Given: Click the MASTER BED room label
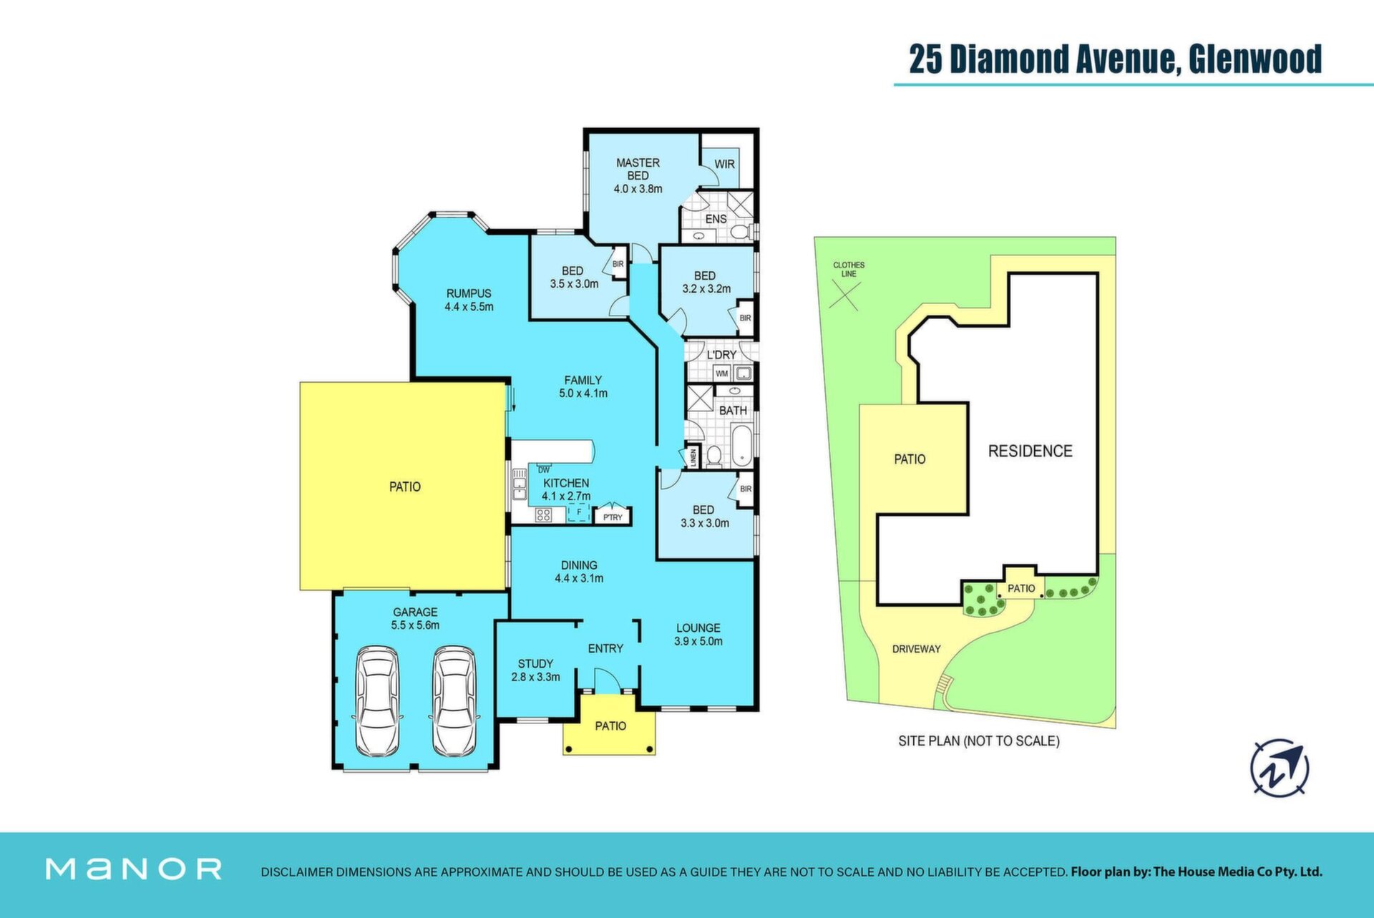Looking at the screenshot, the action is [x=638, y=169].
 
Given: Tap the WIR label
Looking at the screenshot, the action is [x=725, y=164].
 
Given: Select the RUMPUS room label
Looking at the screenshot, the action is [x=469, y=293].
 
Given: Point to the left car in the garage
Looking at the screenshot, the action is [x=377, y=701].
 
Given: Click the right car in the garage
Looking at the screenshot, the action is [x=454, y=701].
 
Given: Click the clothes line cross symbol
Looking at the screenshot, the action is [x=844, y=296].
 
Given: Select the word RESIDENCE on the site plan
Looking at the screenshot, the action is [x=1030, y=451].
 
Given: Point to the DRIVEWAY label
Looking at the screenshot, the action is [x=916, y=649].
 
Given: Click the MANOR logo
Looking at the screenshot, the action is [x=134, y=869].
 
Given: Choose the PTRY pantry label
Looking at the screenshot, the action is [x=613, y=517].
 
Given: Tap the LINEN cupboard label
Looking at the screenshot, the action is [x=693, y=458].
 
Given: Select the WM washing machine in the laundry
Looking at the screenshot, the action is [x=721, y=373].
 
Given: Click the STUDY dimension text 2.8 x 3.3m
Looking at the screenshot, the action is [x=535, y=677].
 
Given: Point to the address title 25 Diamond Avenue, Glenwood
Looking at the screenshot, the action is [x=1115, y=59].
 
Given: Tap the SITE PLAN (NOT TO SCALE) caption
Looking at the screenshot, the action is [x=978, y=741].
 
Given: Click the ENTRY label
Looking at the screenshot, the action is [x=605, y=648].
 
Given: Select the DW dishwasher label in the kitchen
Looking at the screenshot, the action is [x=544, y=470].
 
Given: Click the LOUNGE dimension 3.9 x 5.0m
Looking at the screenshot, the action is [x=698, y=641].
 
